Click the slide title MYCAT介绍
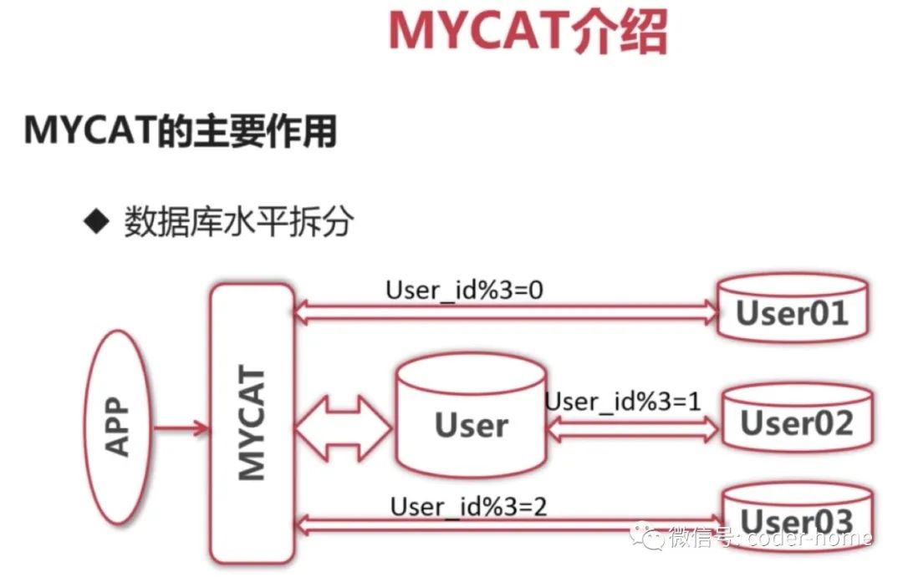pyautogui.click(x=528, y=32)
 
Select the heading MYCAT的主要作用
pyautogui.click(x=180, y=130)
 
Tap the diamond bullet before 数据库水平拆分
pyautogui.click(x=99, y=222)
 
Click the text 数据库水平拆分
pyautogui.click(x=239, y=223)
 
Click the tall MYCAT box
pyautogui.click(x=253, y=423)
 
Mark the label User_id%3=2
pyautogui.click(x=468, y=505)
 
